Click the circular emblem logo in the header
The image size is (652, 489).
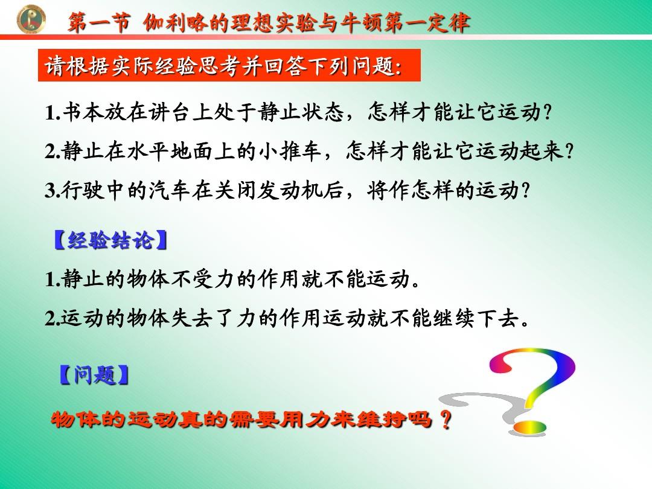point(31,19)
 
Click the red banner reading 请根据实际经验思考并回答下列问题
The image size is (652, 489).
point(229,65)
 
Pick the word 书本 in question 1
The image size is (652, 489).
point(83,112)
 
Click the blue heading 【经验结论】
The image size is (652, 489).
point(110,240)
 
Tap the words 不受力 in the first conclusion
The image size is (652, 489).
point(202,278)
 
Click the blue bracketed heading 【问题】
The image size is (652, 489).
point(94,375)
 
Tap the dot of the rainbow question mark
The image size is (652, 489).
point(529,427)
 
